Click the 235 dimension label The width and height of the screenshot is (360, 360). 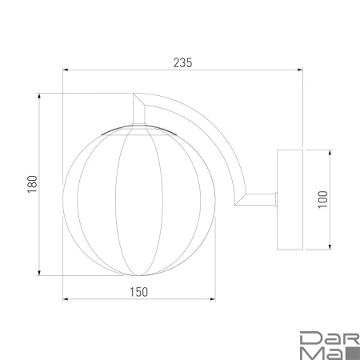[x=182, y=63]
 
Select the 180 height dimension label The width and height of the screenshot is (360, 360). [x=32, y=184]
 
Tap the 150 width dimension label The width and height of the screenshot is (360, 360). [x=138, y=292]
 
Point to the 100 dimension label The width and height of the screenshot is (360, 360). [x=323, y=199]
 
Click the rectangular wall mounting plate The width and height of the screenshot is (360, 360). [x=290, y=200]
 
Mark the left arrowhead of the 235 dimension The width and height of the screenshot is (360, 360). [x=66, y=70]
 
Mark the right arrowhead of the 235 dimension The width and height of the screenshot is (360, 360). [x=300, y=70]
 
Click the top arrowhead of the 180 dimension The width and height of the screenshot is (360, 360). [x=39, y=96]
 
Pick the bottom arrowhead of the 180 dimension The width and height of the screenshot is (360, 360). [x=39, y=273]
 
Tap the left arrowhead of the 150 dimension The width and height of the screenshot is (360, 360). [x=66, y=299]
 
